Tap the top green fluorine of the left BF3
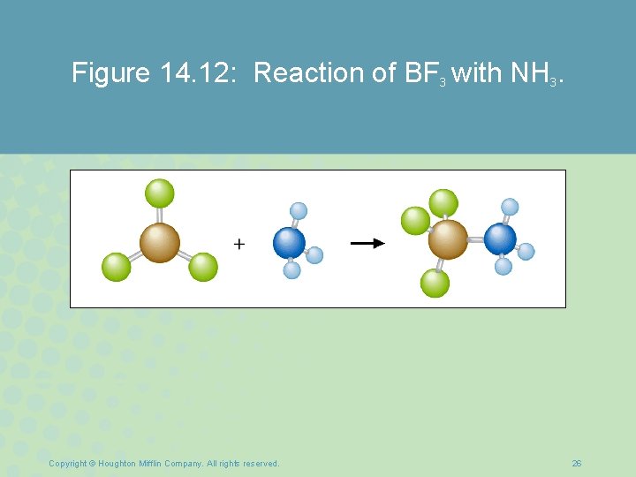pos(160,193)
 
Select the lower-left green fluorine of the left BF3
pos(116,267)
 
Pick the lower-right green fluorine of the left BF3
pos(203,267)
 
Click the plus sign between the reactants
pos(239,244)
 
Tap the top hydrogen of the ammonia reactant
pos(299,210)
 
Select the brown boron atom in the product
pos(448,238)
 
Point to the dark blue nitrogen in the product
pos(500,238)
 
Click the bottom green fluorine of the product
pos(435,283)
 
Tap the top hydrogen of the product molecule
pos(510,207)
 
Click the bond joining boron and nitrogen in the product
pos(474,238)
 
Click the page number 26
pos(577,464)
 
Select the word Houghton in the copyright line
pos(118,464)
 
